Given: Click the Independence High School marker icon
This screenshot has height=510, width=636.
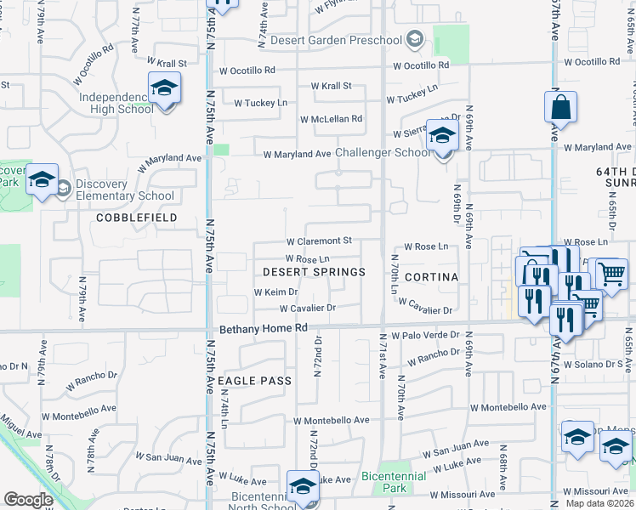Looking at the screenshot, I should click(x=165, y=88).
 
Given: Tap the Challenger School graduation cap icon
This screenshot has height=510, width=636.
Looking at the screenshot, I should click(x=442, y=137).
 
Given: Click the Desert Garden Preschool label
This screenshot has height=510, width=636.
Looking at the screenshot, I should click(x=336, y=40).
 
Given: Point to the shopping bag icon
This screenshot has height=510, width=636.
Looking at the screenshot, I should click(x=560, y=108).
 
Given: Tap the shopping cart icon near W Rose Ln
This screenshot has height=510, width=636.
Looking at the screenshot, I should click(x=611, y=274).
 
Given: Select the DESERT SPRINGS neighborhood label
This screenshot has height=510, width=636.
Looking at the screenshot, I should click(x=314, y=272).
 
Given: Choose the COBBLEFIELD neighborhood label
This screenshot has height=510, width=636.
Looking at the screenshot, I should click(x=136, y=218).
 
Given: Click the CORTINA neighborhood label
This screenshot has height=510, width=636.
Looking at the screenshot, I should click(x=431, y=277).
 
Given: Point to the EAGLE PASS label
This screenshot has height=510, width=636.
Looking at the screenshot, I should click(x=254, y=381).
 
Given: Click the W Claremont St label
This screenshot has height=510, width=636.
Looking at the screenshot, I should click(x=318, y=241).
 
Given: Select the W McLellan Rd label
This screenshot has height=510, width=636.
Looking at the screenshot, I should click(x=331, y=119).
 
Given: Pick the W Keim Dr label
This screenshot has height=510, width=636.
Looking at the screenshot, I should click(x=275, y=292).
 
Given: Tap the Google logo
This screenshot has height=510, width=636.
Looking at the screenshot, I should click(x=28, y=500).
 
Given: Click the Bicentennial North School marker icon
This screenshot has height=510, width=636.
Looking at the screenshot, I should click(x=302, y=487).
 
